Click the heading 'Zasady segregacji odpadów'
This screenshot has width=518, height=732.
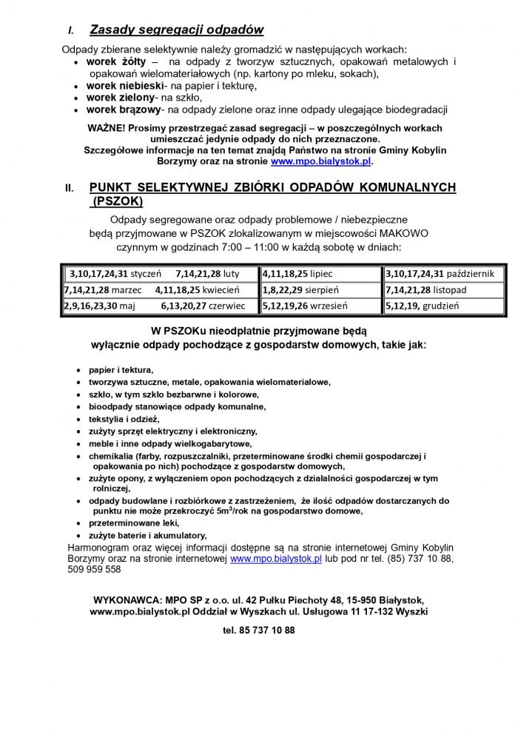(176, 30)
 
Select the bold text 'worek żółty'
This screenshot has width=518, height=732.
(116, 61)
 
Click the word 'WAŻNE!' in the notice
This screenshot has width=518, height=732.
(107, 127)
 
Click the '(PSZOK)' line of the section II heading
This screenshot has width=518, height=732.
(116, 201)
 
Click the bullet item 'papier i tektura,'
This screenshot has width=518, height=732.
(121, 369)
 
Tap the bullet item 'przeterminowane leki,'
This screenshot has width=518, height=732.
(134, 523)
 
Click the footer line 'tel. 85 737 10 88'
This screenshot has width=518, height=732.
(258, 631)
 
